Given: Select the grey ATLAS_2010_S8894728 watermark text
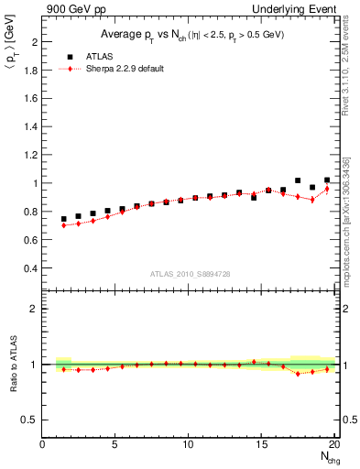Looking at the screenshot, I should coord(190,273).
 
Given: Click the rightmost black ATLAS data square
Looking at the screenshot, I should coord(327,180).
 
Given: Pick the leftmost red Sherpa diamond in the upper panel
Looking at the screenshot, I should coord(64,224).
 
